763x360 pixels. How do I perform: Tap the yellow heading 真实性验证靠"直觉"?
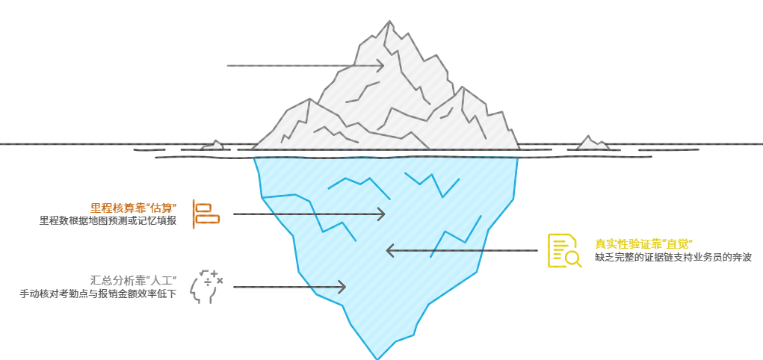point(645,243)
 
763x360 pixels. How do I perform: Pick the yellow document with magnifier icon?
point(564,251)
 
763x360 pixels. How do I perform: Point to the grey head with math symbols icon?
point(206,287)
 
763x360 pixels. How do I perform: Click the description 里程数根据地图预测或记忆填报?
point(108,221)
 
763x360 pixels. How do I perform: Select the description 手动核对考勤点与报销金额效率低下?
point(98,294)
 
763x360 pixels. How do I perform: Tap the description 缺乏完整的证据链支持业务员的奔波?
point(673,257)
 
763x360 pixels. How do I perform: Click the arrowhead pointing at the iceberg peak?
point(380,66)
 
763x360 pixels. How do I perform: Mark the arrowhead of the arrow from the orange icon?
point(381,214)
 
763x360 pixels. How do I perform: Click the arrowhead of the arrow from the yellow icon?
point(389,251)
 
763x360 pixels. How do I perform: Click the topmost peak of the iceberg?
point(389,22)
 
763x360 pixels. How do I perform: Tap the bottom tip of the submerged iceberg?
point(378,357)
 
